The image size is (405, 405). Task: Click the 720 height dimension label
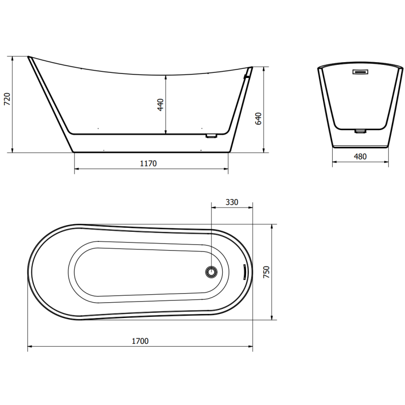point(6,99)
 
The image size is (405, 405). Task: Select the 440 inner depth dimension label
point(160,105)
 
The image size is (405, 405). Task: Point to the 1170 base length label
point(148,163)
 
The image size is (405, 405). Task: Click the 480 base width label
point(360,156)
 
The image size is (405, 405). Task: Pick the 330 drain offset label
point(231,202)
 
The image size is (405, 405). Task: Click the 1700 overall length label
point(140,341)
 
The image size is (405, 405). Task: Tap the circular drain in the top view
point(211,272)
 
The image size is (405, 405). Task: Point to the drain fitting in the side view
point(211,136)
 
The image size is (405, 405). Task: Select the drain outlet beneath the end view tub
point(360,131)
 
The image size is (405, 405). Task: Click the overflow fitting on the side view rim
point(247,76)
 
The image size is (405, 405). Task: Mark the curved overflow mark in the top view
point(244,272)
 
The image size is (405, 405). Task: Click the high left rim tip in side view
point(29,57)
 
